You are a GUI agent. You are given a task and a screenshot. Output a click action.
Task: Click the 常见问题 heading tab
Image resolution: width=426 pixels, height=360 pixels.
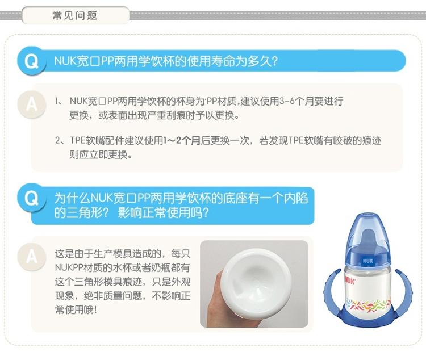coord(75,15)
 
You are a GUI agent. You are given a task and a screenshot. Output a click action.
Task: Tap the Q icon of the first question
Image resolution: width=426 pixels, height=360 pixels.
coord(31,61)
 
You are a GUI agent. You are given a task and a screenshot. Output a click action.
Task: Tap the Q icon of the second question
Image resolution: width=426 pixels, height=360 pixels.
coord(31,198)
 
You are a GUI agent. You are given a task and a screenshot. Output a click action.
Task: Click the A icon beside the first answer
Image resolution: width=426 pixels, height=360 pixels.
coord(31,104)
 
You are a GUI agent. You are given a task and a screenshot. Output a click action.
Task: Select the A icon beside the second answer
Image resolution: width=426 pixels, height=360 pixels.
coord(31,257)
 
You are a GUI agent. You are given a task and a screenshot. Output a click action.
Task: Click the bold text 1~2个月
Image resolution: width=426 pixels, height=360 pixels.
coord(182,141)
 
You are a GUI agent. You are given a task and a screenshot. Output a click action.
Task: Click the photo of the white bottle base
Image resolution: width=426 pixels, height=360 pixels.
coord(254,284)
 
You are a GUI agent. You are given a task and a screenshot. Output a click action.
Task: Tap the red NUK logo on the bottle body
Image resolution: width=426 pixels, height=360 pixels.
coord(350,281)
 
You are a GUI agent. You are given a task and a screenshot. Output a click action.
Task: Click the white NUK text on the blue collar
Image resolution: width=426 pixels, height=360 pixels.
coord(367,261)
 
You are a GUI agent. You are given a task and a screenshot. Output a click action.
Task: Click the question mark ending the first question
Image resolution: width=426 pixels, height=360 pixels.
coord(274,61)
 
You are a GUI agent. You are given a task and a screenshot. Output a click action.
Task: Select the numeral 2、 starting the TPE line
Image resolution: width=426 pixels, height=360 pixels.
coord(59,141)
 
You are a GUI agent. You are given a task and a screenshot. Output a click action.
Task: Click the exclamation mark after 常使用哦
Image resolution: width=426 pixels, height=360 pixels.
coord(95,309)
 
